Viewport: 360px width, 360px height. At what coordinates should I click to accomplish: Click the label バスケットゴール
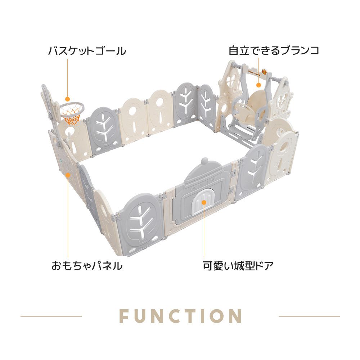(x=87, y=50)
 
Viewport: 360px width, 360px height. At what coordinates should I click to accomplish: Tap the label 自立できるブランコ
(x=274, y=50)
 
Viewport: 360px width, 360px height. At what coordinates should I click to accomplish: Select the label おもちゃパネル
(x=87, y=266)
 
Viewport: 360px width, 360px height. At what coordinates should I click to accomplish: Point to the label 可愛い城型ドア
(x=238, y=266)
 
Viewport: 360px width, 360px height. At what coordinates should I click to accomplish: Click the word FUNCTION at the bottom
(x=180, y=316)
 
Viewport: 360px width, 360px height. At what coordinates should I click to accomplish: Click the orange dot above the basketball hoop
(x=67, y=99)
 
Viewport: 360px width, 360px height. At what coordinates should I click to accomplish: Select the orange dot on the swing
(x=259, y=85)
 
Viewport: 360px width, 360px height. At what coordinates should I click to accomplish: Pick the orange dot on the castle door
(x=204, y=202)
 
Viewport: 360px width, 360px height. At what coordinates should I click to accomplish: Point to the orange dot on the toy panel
(x=68, y=175)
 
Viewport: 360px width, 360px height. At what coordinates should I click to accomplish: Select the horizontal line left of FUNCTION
(x=51, y=316)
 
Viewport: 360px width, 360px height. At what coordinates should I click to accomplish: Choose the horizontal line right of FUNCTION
(x=309, y=316)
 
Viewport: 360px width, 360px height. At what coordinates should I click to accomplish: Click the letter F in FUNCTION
(x=124, y=316)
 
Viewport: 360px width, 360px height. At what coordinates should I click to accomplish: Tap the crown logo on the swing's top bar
(x=264, y=71)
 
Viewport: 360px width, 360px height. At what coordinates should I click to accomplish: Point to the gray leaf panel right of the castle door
(x=253, y=172)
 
